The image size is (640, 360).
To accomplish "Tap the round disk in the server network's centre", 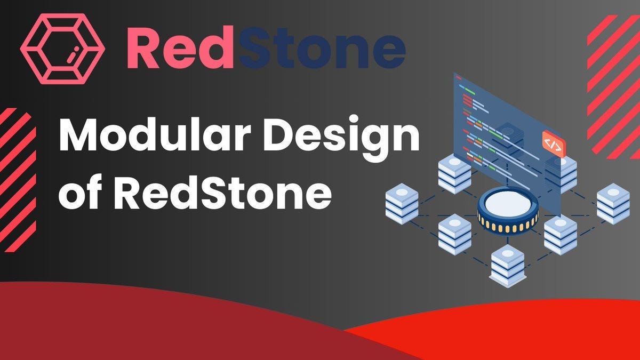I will coord(508,205).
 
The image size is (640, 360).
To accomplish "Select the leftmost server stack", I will coord(402,202).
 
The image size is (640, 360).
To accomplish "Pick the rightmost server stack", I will coord(613,203).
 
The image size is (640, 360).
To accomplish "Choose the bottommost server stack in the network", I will coord(507,265).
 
